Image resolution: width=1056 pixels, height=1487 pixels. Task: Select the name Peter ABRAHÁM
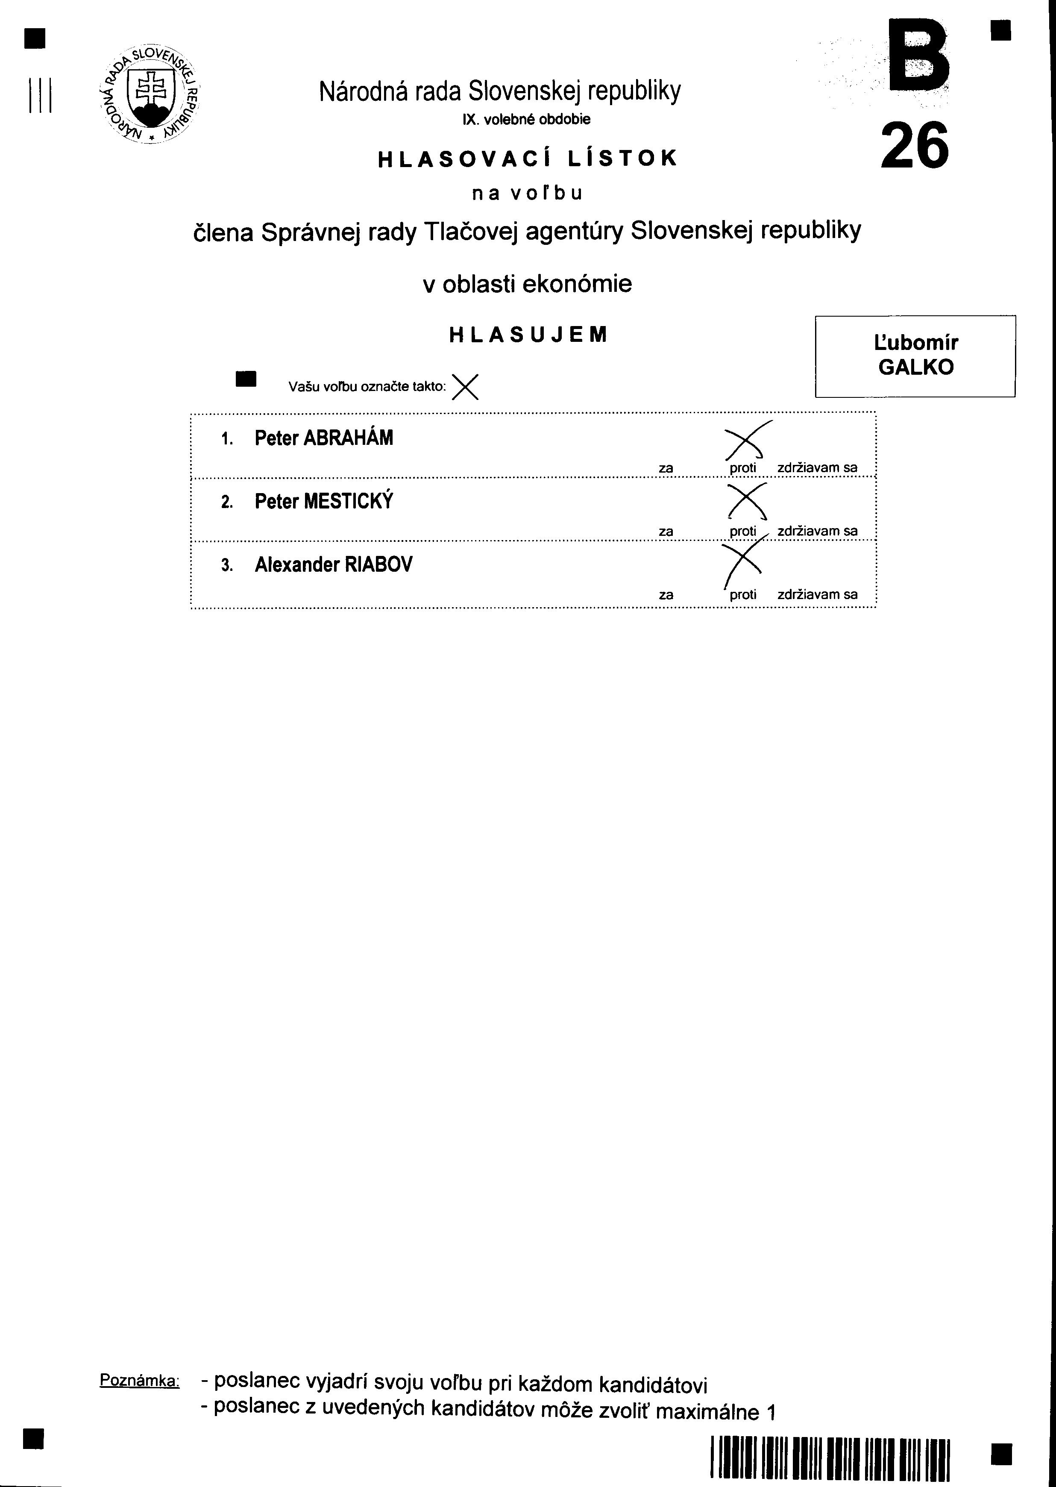324,438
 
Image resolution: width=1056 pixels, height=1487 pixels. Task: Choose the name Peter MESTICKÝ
324,502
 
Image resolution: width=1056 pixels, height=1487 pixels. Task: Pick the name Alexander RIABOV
334,564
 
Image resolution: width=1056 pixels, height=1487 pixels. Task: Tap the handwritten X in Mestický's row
746,503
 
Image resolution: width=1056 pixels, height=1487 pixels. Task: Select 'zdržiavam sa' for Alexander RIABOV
817,594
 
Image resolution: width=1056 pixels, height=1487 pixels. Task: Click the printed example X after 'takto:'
465,388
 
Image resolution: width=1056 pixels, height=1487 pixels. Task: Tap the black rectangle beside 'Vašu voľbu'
246,379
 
